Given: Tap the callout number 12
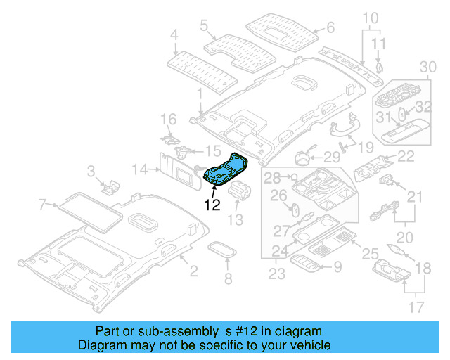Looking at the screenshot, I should pos(212,205).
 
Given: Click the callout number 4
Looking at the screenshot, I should pos(174,33).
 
